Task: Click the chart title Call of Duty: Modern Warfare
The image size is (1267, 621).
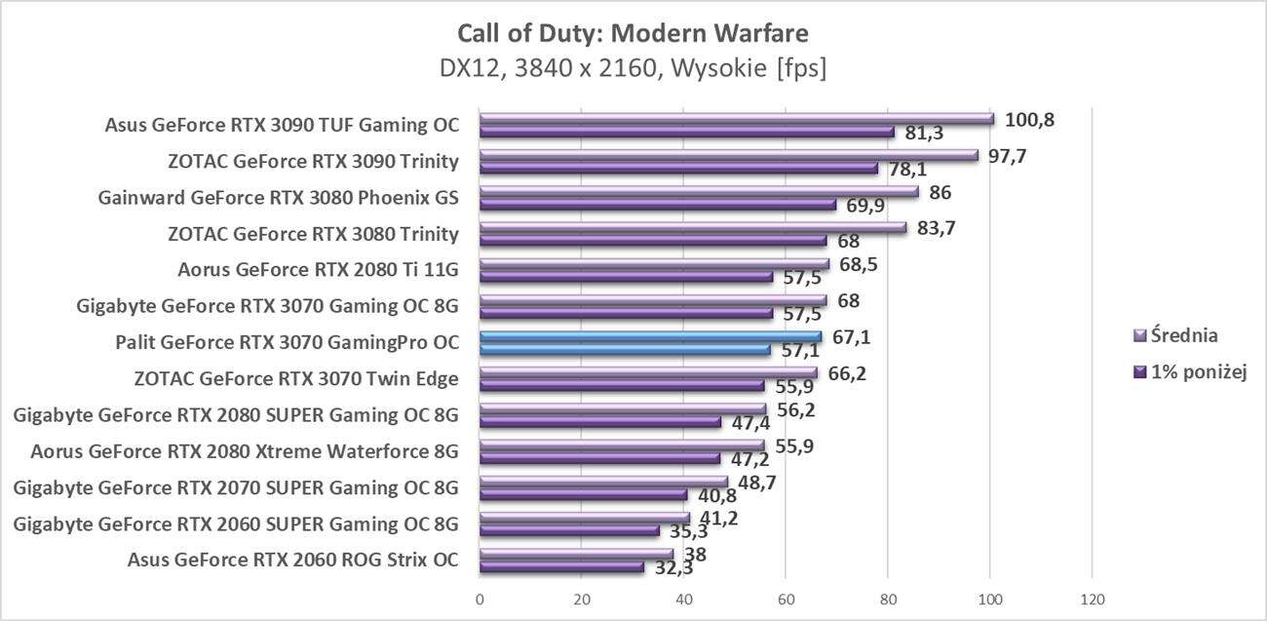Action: (633, 34)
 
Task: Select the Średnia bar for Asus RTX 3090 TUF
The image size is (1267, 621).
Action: (736, 119)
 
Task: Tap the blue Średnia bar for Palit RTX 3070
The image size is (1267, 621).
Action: (650, 336)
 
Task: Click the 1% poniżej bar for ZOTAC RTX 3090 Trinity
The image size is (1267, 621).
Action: (678, 169)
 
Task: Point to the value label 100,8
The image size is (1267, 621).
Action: (1030, 120)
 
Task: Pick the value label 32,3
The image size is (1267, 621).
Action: (673, 566)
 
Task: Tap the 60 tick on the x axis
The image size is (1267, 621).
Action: (786, 598)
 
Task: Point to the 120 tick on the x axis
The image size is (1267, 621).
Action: (1092, 598)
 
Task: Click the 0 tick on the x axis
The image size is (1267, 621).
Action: (480, 598)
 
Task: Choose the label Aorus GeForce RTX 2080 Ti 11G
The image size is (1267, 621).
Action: (318, 270)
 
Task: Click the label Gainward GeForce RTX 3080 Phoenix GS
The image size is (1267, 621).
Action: (278, 198)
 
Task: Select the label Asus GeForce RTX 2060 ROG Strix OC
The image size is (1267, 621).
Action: (292, 560)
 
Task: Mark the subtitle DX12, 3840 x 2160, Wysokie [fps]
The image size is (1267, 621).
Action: (633, 69)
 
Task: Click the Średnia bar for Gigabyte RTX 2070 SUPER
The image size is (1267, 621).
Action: (603, 482)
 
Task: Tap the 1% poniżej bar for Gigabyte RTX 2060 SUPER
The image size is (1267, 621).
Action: (569, 531)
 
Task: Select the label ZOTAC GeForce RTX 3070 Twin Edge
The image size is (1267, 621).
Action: (296, 379)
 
